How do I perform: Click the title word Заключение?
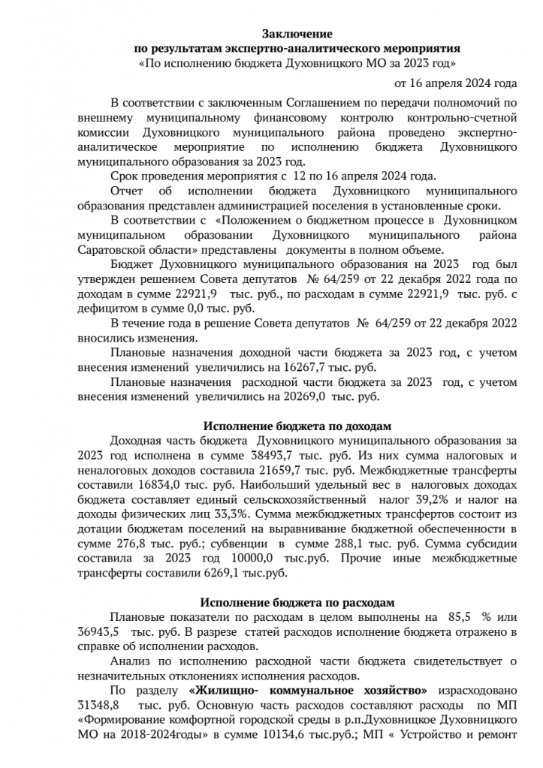point(297,35)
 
